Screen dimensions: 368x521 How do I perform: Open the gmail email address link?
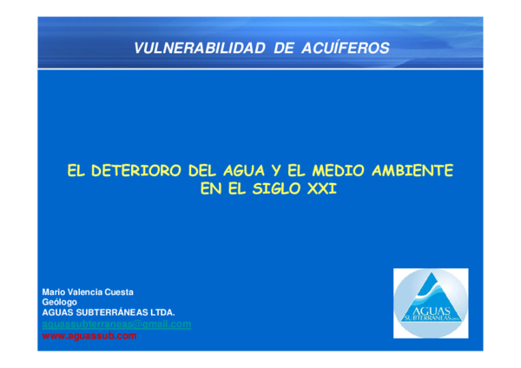(116, 324)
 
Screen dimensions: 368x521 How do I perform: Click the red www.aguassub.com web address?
(89, 335)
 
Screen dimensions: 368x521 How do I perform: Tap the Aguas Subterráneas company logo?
(431, 303)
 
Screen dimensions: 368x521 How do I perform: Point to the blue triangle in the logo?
(432, 291)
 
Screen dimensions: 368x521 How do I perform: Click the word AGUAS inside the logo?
(432, 309)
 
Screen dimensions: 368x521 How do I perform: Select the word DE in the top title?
(284, 49)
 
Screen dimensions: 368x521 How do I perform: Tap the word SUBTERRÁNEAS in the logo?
(428, 319)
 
